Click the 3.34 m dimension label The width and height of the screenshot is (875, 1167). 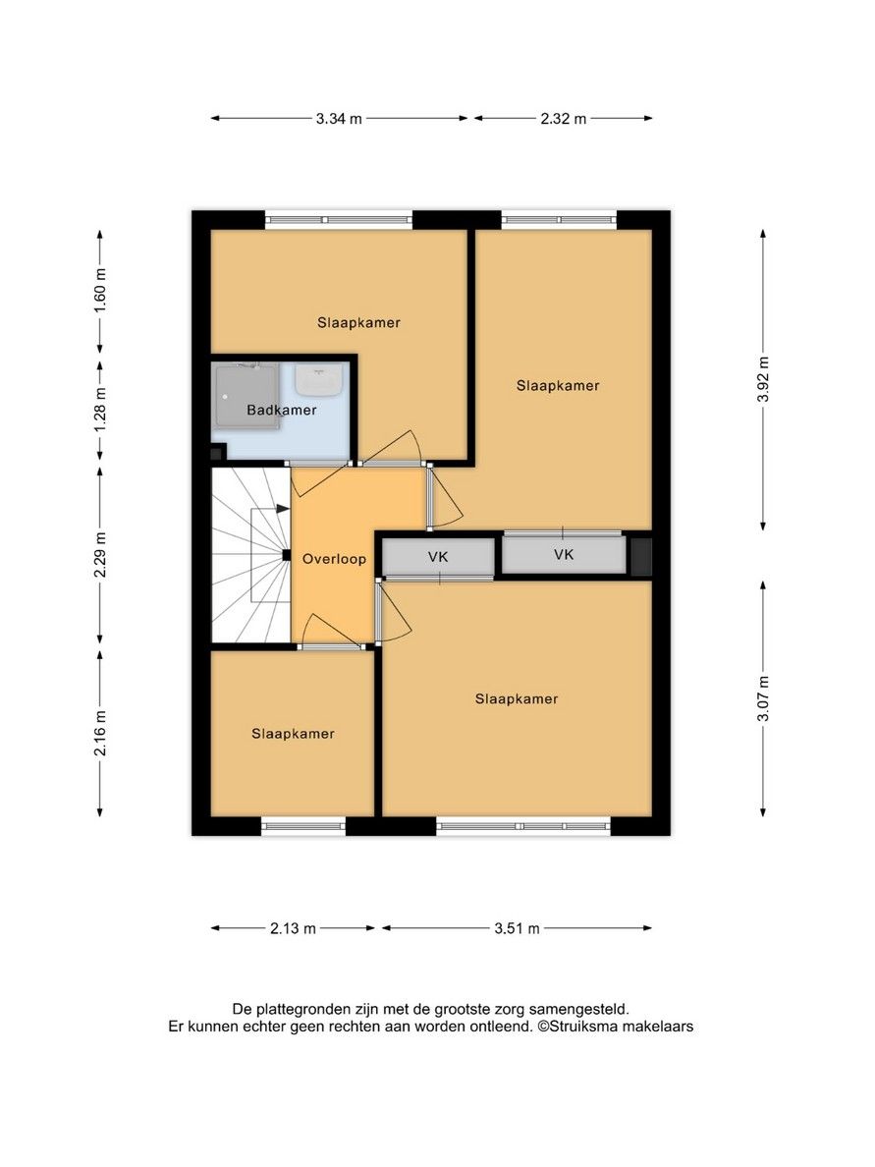(339, 119)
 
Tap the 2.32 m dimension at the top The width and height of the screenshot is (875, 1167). (563, 119)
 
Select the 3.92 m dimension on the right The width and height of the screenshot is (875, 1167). (763, 379)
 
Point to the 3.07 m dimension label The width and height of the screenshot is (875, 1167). (763, 696)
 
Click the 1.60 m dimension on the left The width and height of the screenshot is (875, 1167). (99, 291)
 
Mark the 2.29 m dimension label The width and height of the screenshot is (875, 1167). (99, 555)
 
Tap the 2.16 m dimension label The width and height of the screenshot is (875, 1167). (99, 732)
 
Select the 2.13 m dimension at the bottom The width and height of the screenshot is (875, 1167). (292, 928)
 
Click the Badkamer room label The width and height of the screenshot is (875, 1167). (282, 411)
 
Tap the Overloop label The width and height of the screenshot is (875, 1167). (334, 559)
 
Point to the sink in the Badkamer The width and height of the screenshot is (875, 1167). (319, 378)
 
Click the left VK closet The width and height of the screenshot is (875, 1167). (438, 557)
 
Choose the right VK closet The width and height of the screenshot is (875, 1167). (563, 555)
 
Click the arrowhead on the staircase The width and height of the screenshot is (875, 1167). (283, 509)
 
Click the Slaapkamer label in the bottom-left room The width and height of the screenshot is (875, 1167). (293, 734)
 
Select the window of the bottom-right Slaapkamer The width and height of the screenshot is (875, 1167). (523, 827)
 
